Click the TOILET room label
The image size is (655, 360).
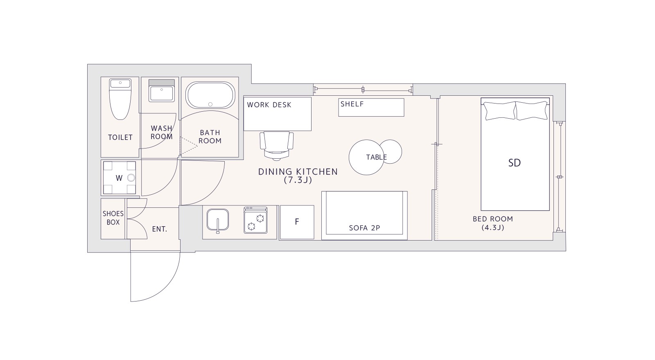click(120, 137)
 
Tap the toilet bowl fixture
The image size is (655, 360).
click(120, 99)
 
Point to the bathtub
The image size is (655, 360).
click(210, 95)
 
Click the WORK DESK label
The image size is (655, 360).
click(269, 105)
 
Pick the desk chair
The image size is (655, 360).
click(277, 146)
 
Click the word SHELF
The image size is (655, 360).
click(352, 104)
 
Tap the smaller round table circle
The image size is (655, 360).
click(391, 152)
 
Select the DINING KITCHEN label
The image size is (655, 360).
click(298, 171)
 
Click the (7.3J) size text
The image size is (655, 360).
click(298, 180)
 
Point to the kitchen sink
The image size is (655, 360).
click(218, 220)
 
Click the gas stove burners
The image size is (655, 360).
click(255, 220)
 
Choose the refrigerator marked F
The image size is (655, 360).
click(297, 223)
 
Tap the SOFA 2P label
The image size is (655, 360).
click(365, 228)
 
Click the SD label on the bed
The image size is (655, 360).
click(514, 163)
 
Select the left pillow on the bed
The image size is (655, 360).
click(499, 111)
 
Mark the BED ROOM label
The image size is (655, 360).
click(493, 219)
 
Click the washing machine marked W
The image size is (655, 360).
click(119, 178)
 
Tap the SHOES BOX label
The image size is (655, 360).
click(113, 218)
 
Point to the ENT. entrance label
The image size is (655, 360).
click(160, 229)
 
